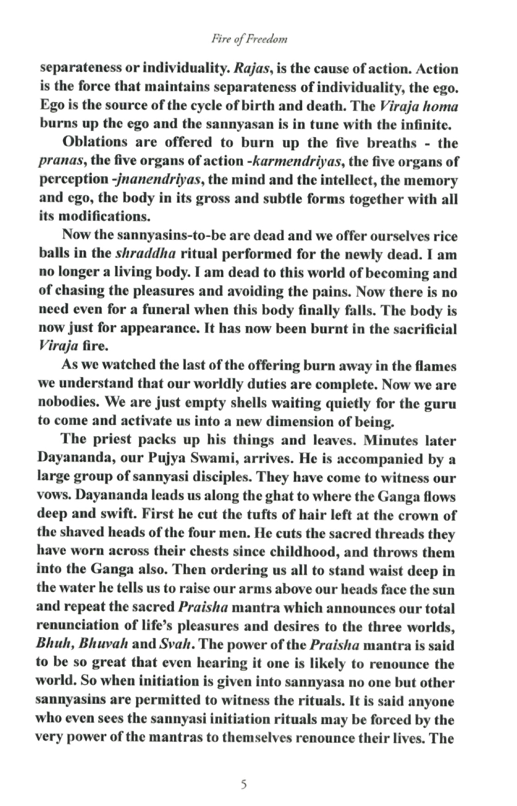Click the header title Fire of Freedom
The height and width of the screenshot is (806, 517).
(x=249, y=39)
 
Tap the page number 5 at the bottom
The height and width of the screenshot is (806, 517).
(x=244, y=785)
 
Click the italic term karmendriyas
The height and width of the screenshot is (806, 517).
(x=296, y=162)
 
